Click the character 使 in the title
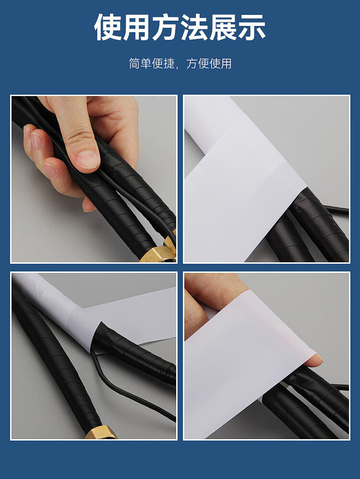(x=108, y=27)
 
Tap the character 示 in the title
(x=252, y=27)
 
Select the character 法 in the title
(x=194, y=27)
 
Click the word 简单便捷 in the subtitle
(x=152, y=63)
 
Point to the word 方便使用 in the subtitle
(x=209, y=63)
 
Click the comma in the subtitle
(x=179, y=67)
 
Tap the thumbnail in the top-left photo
(x=87, y=159)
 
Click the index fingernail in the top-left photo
(x=37, y=141)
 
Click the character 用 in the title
(x=136, y=27)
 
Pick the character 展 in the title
(x=223, y=27)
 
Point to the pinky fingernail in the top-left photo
(x=50, y=171)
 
